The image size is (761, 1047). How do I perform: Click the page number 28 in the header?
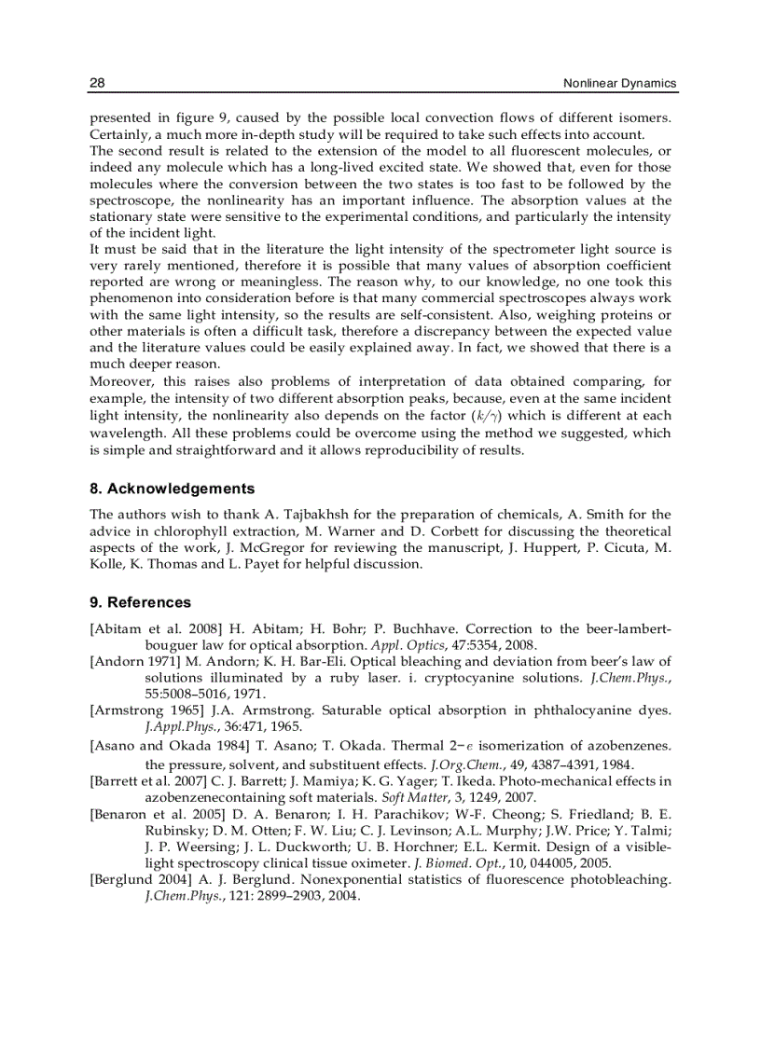coord(97,84)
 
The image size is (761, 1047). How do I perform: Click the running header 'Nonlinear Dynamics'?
coord(620,84)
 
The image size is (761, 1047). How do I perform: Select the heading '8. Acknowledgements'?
coord(172,489)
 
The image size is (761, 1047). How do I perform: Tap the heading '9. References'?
coord(140,602)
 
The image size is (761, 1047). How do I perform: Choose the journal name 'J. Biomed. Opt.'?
coord(464,862)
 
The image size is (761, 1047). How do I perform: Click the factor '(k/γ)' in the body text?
coord(503,415)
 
